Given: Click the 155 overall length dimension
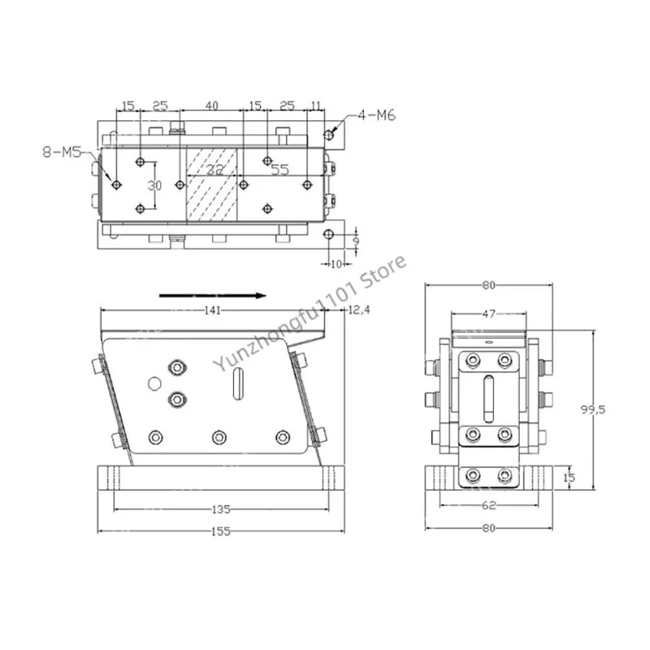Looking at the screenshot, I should point(220,531).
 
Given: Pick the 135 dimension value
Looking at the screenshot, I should point(220,509).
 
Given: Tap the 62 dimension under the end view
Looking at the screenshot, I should point(489,505).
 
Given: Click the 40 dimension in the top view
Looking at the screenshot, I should point(211,106).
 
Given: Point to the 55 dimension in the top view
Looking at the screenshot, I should point(279,171).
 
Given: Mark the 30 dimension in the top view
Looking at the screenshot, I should point(154,185).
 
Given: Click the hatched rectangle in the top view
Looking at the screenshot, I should point(211,185).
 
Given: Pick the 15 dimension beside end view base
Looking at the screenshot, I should point(570,478).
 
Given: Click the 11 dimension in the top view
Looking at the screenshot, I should point(317,106).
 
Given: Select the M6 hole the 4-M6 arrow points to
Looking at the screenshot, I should point(327,133).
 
